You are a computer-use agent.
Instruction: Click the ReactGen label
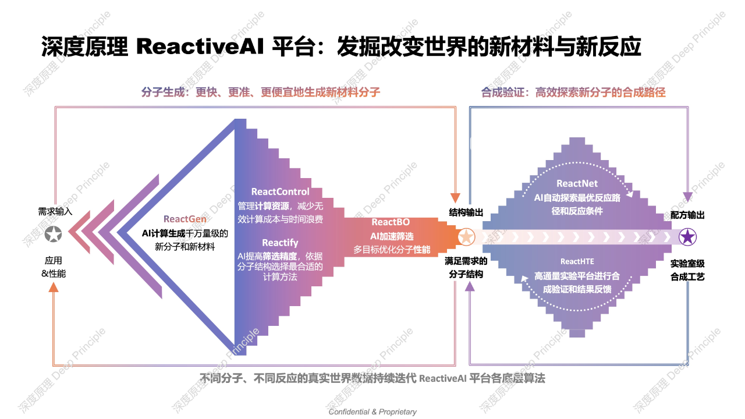click(x=185, y=219)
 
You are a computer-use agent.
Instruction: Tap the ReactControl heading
click(x=280, y=191)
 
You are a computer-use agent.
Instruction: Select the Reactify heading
click(x=280, y=243)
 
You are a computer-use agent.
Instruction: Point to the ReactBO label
click(x=391, y=222)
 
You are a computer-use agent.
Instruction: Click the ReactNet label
click(x=577, y=183)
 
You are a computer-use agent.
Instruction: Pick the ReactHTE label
click(x=577, y=261)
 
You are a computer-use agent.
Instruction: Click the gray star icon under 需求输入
click(x=53, y=234)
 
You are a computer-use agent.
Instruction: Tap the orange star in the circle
click(x=466, y=237)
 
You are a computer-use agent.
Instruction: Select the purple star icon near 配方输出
click(x=687, y=237)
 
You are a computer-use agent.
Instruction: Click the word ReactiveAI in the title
click(x=200, y=46)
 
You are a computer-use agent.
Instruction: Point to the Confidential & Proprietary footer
click(x=372, y=411)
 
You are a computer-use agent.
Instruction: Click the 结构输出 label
click(x=466, y=212)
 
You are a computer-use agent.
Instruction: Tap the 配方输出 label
click(x=687, y=215)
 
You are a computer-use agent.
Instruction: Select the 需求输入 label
click(x=55, y=211)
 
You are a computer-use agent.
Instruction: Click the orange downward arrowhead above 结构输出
click(x=455, y=197)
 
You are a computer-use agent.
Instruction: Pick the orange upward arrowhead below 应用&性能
click(x=54, y=287)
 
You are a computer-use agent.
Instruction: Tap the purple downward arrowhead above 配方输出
click(x=687, y=197)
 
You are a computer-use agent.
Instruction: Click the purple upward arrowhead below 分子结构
click(x=469, y=286)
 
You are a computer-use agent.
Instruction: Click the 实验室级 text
click(x=687, y=264)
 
